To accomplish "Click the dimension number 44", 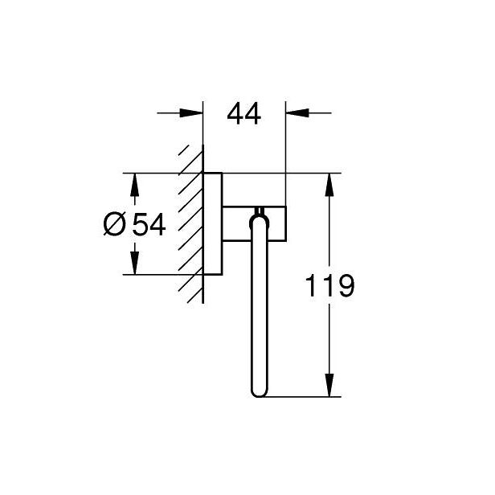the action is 244,113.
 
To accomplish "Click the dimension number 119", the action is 330,286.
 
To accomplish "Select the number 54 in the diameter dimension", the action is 149,224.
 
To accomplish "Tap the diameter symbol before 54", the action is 114,223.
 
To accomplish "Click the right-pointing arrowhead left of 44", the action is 191,112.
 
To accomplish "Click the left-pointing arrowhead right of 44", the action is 297,112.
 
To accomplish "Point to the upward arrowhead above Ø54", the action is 135,185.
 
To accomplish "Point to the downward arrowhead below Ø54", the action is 135,263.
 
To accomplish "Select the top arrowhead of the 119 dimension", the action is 329,185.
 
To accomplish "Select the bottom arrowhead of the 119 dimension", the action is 329,385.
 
